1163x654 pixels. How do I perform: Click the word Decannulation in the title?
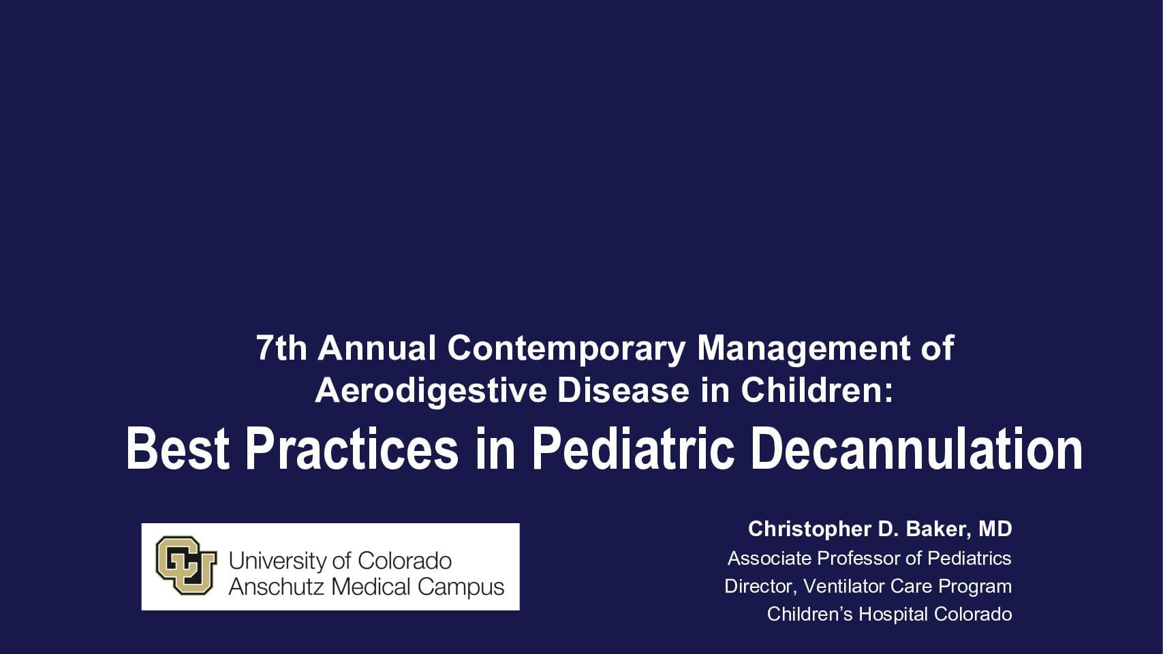pos(916,449)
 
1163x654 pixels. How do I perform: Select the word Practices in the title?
pos(352,449)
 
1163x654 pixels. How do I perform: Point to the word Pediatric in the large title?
pos(633,449)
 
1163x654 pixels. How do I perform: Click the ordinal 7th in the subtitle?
pos(281,347)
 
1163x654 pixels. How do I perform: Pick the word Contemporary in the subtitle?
pos(566,347)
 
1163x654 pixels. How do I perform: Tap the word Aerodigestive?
pos(431,390)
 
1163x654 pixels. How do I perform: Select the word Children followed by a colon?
pos(816,390)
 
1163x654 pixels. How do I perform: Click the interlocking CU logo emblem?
pos(186,565)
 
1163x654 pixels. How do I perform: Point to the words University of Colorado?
pos(340,561)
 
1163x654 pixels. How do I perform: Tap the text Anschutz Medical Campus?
pos(367,587)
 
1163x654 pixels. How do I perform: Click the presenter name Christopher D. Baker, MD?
pos(880,529)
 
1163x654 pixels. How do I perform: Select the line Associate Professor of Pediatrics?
pos(869,558)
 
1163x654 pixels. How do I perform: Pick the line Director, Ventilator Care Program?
pos(867,586)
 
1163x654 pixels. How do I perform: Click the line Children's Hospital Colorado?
pos(889,614)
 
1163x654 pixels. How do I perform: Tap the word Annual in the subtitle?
pos(377,347)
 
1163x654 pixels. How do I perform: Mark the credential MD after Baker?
pos(995,529)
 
